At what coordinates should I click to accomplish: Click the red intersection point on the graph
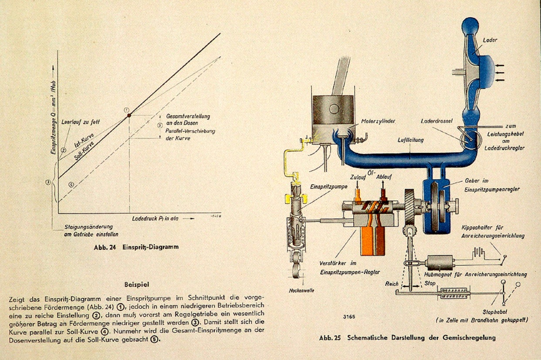[129, 115]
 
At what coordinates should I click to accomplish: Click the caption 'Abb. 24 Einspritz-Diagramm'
[136, 247]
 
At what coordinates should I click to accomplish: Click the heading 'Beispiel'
[136, 285]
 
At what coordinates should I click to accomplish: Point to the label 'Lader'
[490, 40]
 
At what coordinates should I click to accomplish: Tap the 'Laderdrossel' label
[436, 121]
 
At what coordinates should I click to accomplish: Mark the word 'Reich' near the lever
[392, 284]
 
